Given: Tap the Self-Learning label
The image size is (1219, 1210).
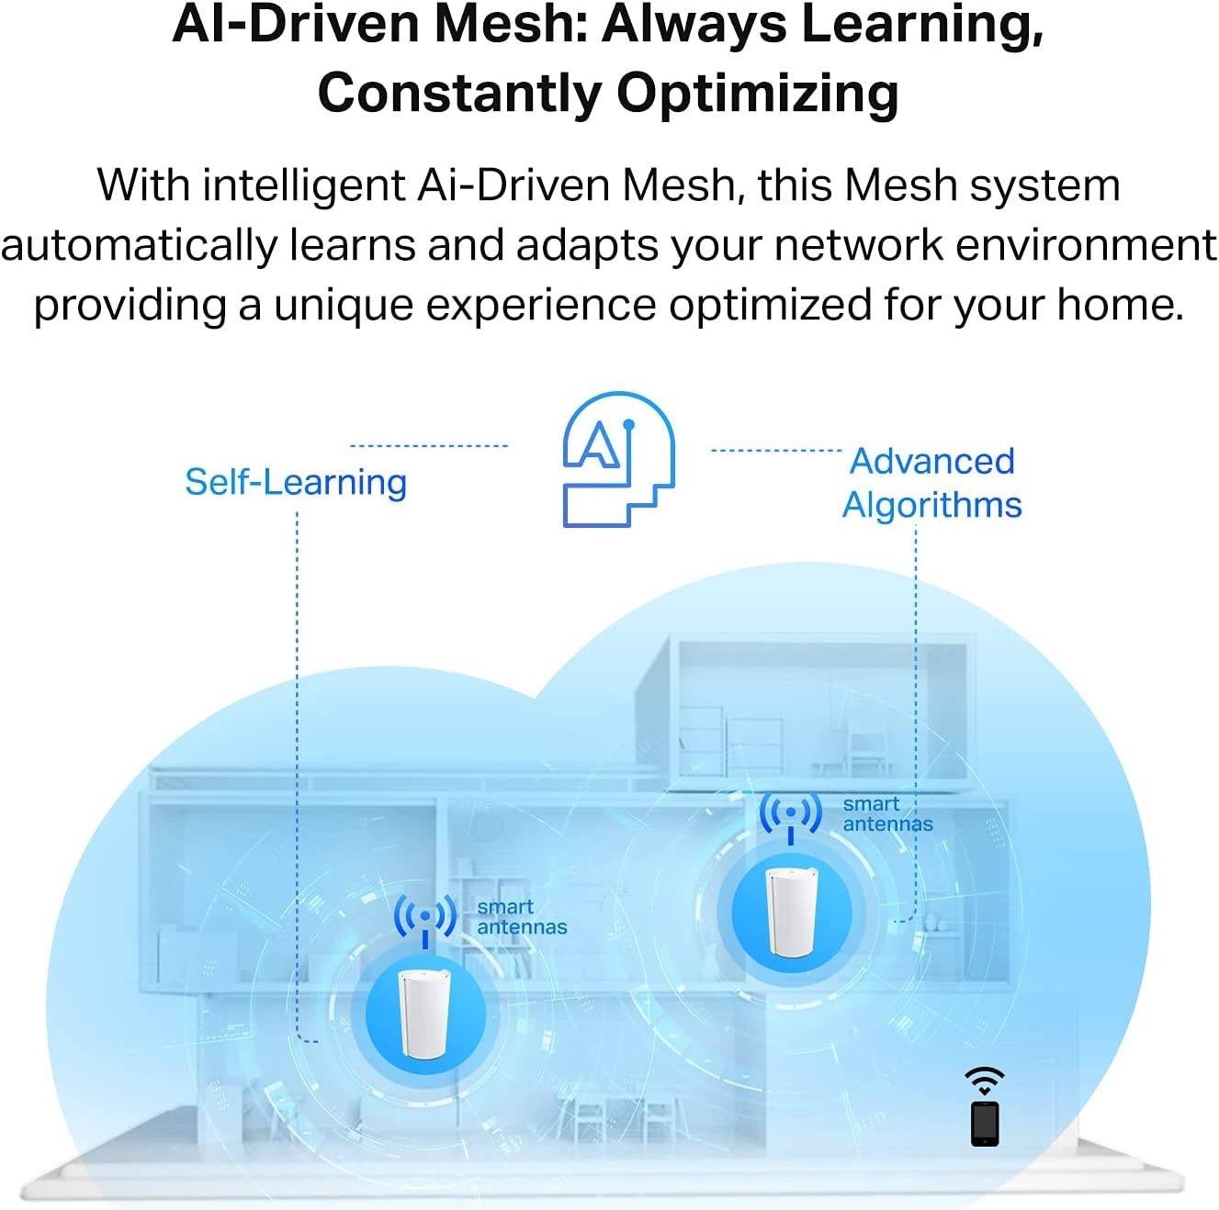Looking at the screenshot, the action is pos(296,483).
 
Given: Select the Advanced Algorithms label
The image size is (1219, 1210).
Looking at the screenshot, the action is pos(931,483).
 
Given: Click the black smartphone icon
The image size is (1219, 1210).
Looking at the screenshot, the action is pos(985,1124).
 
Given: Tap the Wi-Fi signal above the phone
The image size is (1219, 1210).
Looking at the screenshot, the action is pos(985,1081).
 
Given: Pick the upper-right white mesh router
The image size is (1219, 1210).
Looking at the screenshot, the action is pos(791,912).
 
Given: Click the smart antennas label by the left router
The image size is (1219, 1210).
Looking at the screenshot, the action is pos(522,916).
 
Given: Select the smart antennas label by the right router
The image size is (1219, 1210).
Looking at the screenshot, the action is pos(887,813).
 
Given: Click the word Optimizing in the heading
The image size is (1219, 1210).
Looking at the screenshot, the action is pos(757,94).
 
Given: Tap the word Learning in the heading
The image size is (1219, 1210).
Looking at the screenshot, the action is pos(917,25).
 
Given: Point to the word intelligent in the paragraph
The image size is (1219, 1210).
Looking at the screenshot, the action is pos(304,186).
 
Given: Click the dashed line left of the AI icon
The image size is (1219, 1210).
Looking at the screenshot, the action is pos(429,446).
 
